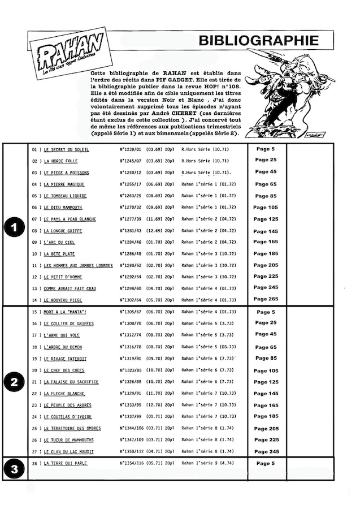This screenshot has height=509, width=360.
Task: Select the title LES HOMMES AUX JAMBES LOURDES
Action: tap(78, 265)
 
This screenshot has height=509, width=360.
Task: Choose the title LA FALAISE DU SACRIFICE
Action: tap(71, 382)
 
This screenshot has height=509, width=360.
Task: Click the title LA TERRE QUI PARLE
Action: tap(66, 463)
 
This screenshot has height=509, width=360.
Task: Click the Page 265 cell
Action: tap(266, 300)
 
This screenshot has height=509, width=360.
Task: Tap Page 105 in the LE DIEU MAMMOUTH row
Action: tap(266, 208)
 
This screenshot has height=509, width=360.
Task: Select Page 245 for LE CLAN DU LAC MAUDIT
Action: tap(266, 451)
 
